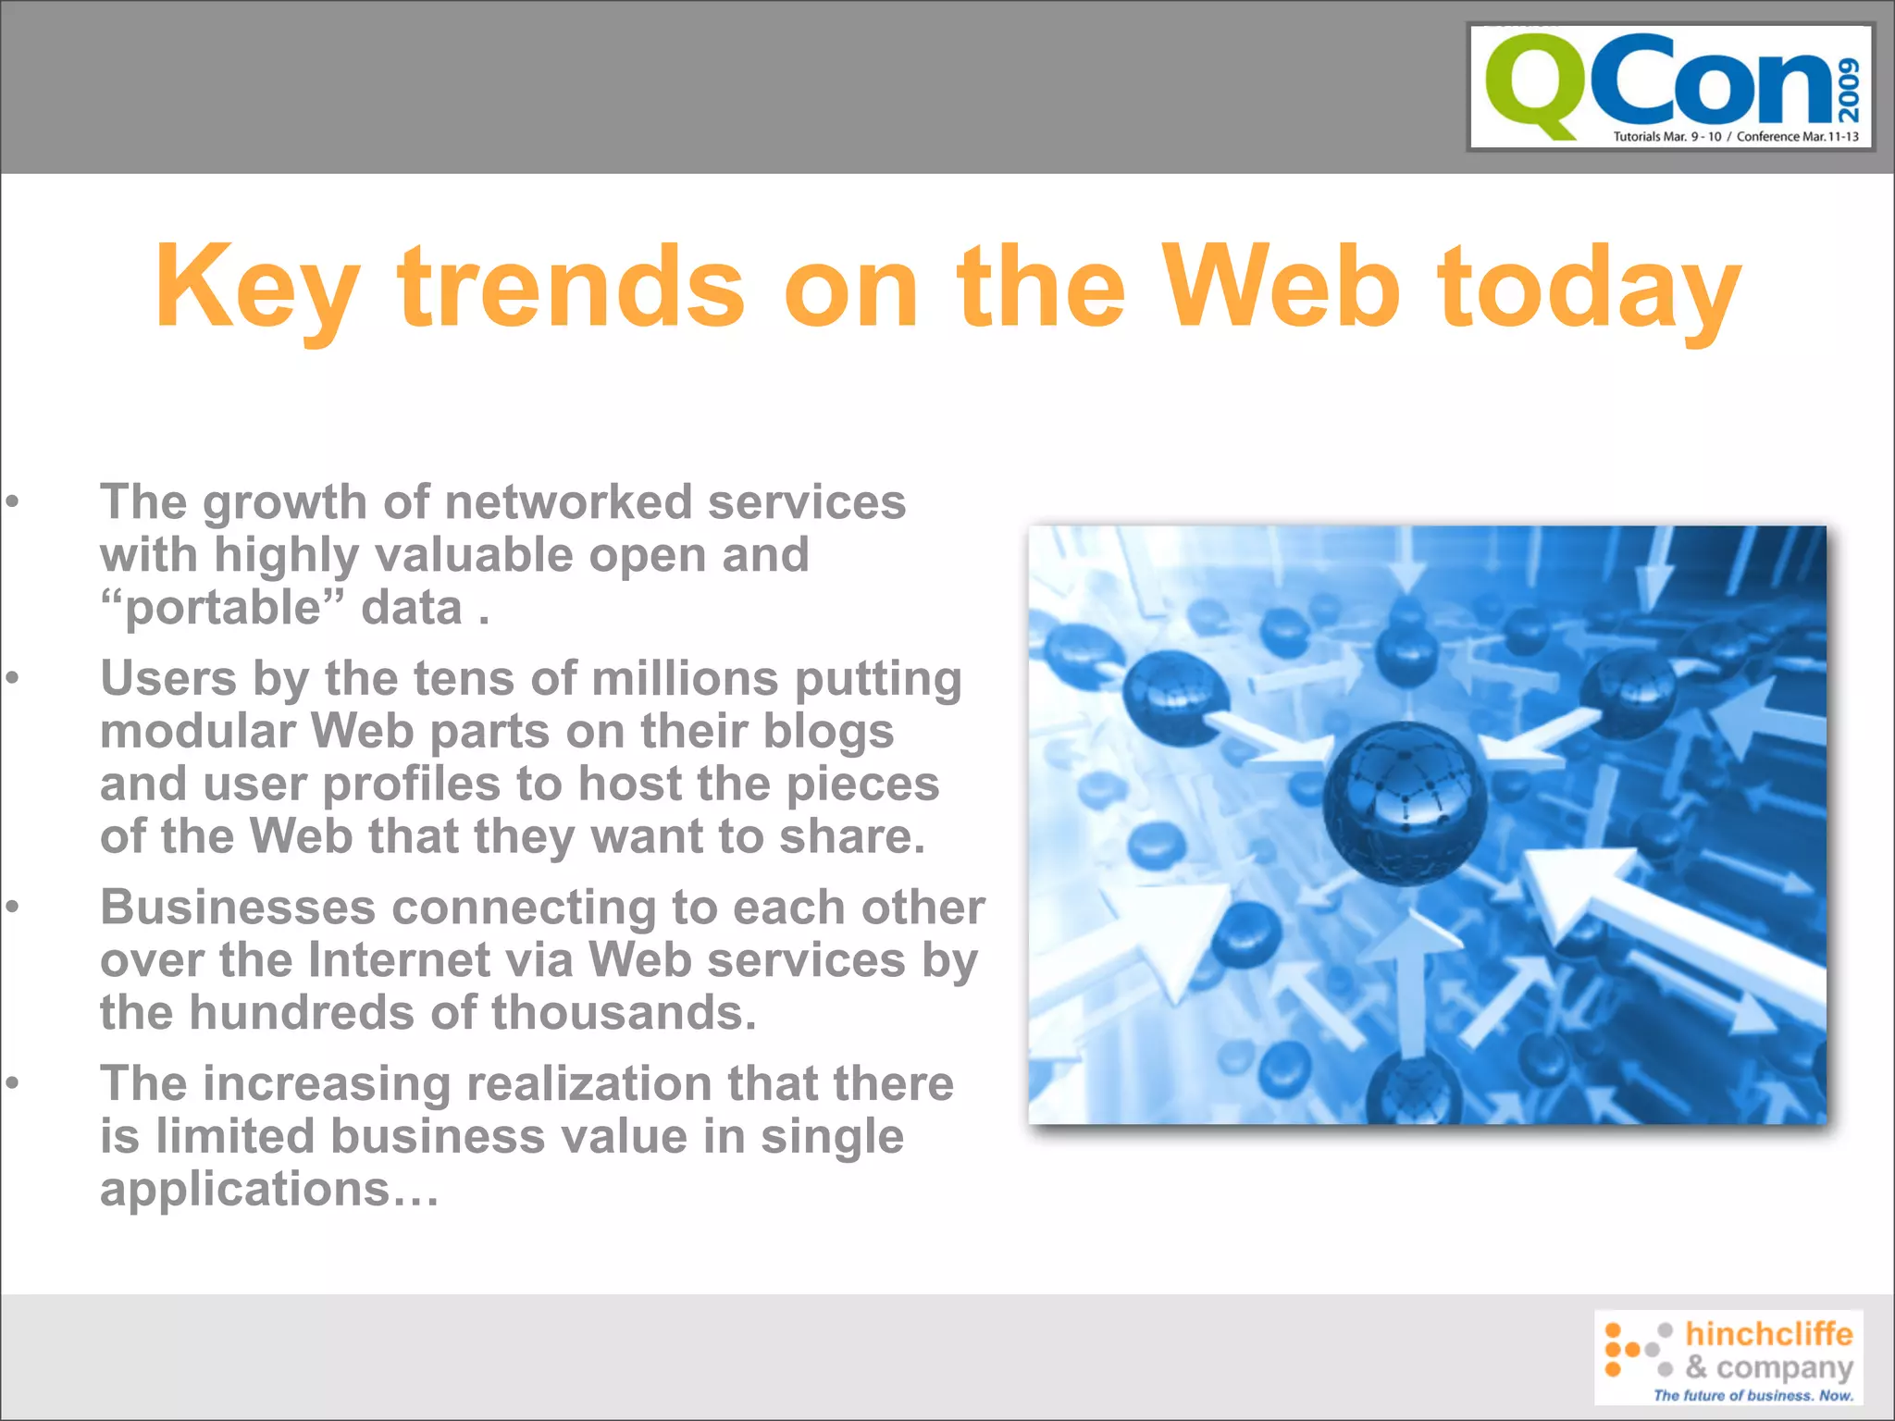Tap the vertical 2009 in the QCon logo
point(1849,90)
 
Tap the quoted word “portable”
point(222,608)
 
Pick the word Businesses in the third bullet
point(238,907)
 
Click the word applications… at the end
point(269,1189)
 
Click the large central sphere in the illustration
point(1405,802)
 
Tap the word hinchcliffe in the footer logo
point(1768,1333)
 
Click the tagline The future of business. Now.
point(1753,1395)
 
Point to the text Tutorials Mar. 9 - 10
point(1667,137)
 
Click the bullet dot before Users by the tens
point(12,678)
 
